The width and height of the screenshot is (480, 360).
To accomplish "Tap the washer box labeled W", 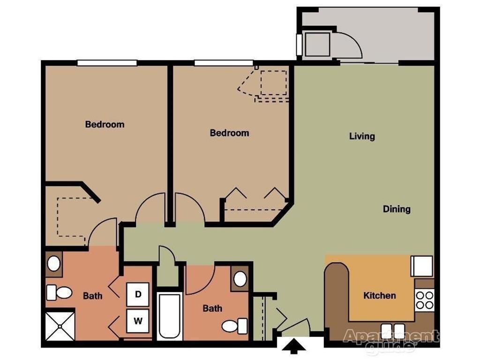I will [138, 321].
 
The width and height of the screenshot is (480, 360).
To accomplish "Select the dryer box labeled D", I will [138, 294].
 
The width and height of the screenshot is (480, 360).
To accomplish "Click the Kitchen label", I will [380, 295].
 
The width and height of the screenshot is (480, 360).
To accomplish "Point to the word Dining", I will [397, 209].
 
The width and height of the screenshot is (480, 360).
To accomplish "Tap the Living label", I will [362, 136].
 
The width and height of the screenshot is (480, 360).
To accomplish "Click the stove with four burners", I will [425, 300].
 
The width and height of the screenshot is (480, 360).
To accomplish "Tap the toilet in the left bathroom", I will [59, 293].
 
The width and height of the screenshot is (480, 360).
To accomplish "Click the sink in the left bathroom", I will [54, 264].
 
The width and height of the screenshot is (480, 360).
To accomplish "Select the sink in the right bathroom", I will [240, 279].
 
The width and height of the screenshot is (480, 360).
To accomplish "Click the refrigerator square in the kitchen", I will [421, 266].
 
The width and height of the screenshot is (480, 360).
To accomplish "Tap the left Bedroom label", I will [105, 125].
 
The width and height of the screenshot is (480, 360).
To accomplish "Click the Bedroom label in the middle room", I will [229, 133].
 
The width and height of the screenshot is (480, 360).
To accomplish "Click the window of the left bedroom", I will [107, 63].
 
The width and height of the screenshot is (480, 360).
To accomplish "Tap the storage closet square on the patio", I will [318, 45].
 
